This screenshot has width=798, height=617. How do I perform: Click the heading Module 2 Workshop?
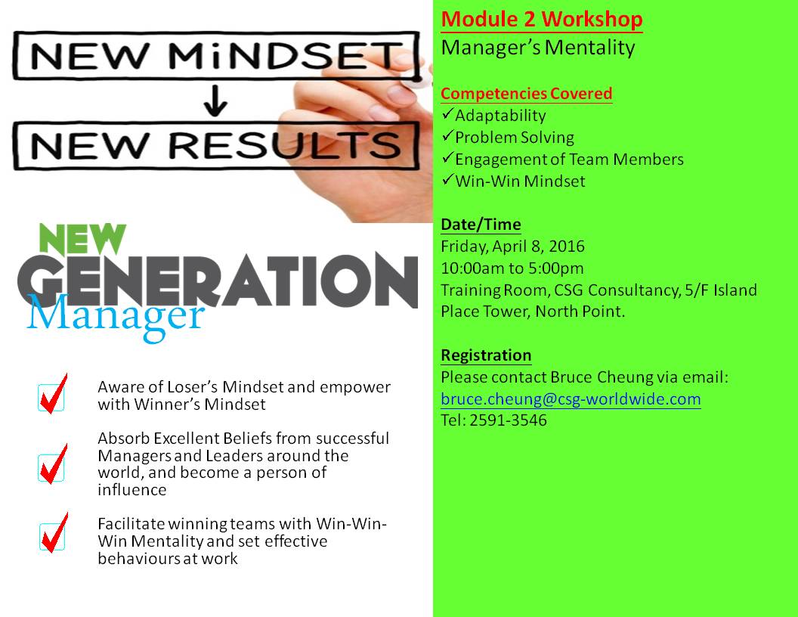pyautogui.click(x=542, y=20)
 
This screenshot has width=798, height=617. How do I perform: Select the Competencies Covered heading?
pyautogui.click(x=526, y=94)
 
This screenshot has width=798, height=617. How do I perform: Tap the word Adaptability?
pyautogui.click(x=500, y=116)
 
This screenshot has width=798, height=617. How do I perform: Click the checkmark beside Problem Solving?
pyautogui.click(x=447, y=135)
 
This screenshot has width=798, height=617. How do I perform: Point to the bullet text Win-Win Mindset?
pyautogui.click(x=520, y=181)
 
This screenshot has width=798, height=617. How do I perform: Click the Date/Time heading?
pyautogui.click(x=481, y=225)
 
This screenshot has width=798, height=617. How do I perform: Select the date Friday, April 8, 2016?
pyautogui.click(x=512, y=246)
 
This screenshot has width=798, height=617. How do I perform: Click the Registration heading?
pyautogui.click(x=486, y=355)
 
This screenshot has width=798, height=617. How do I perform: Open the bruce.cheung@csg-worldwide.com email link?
pyautogui.click(x=571, y=399)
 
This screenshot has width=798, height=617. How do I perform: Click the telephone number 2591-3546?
pyautogui.click(x=508, y=420)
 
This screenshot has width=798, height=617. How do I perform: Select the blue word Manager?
pyautogui.click(x=116, y=317)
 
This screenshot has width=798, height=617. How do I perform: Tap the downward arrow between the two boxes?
pyautogui.click(x=215, y=101)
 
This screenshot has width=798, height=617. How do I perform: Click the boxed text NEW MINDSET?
pyautogui.click(x=216, y=55)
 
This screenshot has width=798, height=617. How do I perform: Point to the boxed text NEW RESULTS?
pyautogui.click(x=216, y=146)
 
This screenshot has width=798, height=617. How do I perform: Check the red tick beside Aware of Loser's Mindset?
pyautogui.click(x=54, y=394)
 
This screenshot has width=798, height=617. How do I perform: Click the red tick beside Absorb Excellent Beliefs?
pyautogui.click(x=54, y=464)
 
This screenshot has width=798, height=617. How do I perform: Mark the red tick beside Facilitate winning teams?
pyautogui.click(x=54, y=532)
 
